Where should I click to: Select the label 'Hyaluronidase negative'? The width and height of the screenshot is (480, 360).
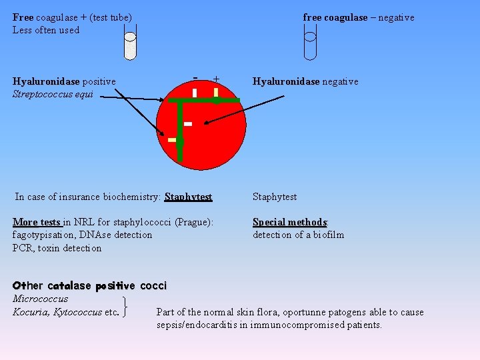tap(305, 81)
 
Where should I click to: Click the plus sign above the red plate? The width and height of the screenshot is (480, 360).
tap(217, 79)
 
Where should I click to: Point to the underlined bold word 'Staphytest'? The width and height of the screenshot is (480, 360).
tap(188, 197)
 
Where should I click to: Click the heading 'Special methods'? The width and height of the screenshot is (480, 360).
tap(289, 222)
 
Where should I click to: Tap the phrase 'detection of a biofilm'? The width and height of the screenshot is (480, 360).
tap(298, 235)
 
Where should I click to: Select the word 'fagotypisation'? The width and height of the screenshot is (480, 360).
tap(41, 235)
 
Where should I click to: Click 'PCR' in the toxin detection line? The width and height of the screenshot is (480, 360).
tap(23, 248)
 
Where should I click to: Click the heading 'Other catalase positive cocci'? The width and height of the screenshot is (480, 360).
tap(89, 285)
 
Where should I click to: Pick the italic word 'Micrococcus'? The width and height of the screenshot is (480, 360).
tap(40, 299)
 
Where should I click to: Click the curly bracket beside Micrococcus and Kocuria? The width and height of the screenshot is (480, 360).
tap(127, 306)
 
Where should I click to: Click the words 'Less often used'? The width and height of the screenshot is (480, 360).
tap(45, 30)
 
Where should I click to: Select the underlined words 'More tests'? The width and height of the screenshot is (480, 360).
tap(37, 222)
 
